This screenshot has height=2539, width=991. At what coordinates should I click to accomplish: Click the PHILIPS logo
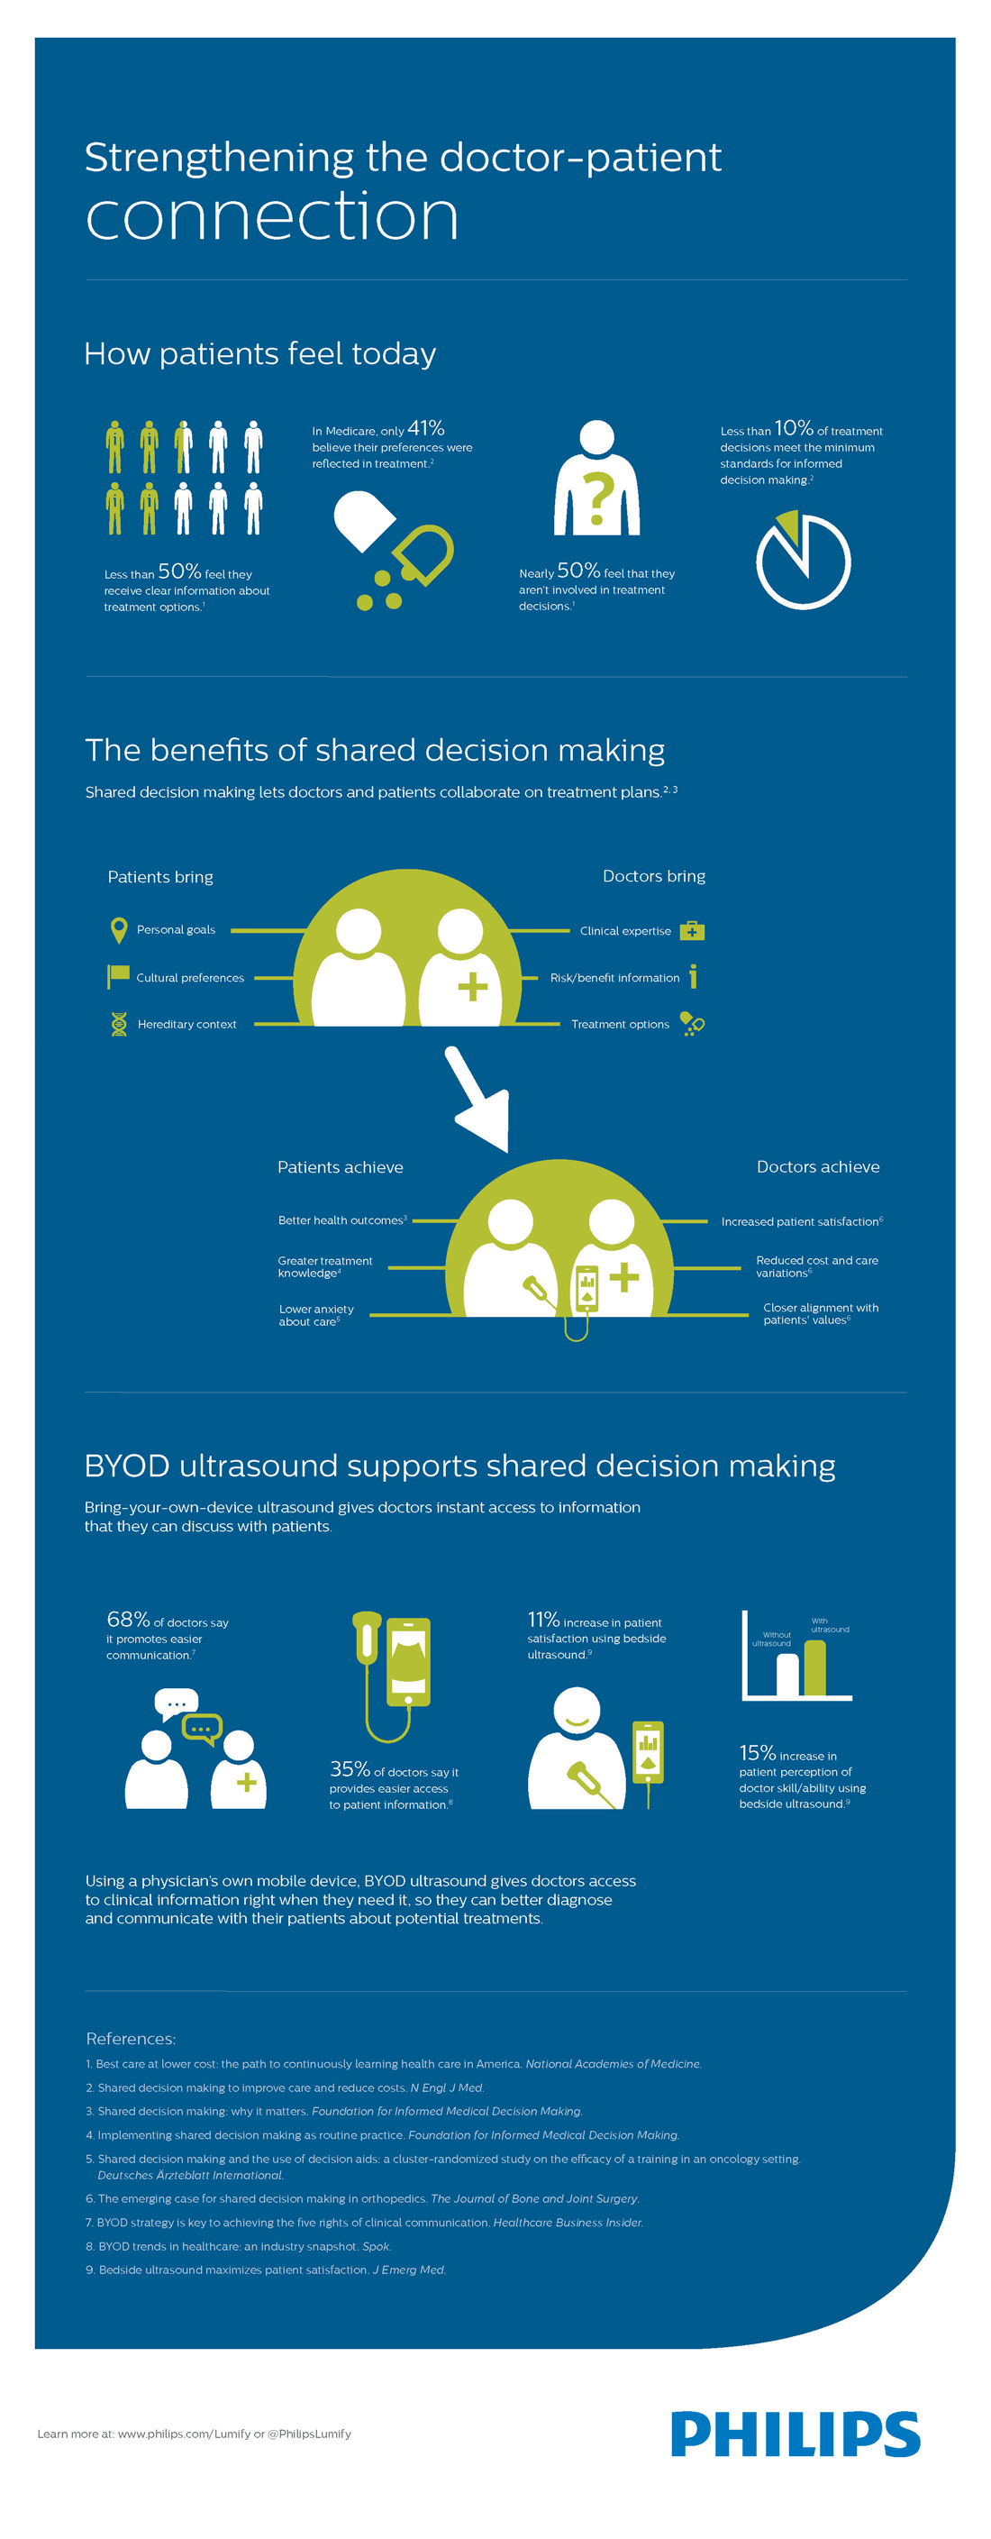[795, 2434]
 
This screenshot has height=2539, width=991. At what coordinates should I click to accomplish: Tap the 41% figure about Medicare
[425, 429]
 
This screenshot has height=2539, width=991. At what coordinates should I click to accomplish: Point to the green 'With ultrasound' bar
[814, 1667]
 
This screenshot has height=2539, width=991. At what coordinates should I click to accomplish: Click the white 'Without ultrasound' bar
[787, 1674]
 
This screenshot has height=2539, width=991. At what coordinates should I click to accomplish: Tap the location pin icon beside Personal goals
[118, 929]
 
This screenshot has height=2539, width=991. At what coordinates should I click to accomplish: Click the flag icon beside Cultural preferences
[118, 976]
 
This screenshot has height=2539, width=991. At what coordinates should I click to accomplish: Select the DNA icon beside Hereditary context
[118, 1024]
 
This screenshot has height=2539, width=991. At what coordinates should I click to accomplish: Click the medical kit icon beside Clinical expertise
[693, 930]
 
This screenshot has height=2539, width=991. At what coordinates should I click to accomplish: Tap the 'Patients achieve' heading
[340, 1167]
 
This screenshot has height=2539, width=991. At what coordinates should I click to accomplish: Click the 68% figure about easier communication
[128, 1620]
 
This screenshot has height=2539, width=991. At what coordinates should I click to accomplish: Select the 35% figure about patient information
[350, 1769]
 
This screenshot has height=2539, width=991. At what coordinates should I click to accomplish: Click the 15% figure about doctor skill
[757, 1752]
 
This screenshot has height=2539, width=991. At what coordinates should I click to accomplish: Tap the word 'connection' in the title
[272, 215]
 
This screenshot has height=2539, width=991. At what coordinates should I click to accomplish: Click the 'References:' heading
[130, 2038]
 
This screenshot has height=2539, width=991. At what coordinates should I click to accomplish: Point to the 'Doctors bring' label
[653, 876]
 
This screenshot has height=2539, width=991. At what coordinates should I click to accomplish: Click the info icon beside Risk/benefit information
[693, 976]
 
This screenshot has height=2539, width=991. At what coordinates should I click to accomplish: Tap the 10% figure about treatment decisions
[793, 429]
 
